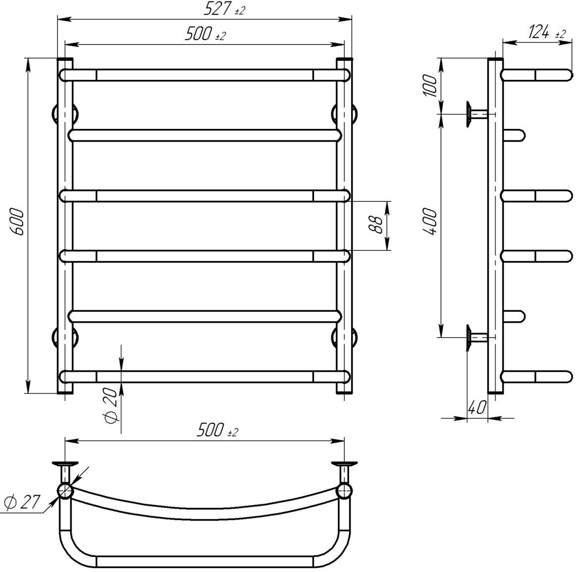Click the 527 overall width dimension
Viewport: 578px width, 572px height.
tap(224, 9)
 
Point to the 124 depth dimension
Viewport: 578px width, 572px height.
tap(547, 32)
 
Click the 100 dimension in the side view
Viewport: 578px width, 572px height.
tap(429, 85)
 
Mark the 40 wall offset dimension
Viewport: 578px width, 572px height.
tap(477, 407)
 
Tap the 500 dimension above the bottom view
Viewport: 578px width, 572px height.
tap(217, 430)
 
